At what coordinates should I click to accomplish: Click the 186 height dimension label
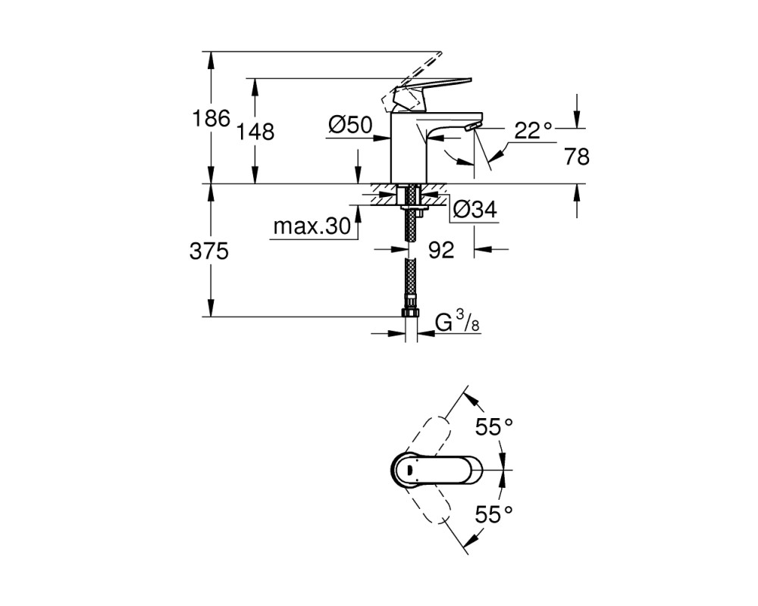tap(211, 118)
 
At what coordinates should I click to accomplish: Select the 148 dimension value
tap(255, 131)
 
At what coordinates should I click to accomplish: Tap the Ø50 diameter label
tap(350, 126)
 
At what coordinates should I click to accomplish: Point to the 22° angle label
tap(533, 130)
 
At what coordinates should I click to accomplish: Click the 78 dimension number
tap(577, 157)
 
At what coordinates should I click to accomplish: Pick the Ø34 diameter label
tap(475, 210)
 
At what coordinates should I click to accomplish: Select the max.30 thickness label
tap(312, 226)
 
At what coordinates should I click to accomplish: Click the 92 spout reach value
tap(441, 250)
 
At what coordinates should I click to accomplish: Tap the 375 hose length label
tap(209, 251)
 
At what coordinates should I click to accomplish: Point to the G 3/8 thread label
tap(457, 323)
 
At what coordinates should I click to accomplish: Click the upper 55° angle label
tap(493, 426)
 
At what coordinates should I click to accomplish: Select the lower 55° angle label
tap(493, 514)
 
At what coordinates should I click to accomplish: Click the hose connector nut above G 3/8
tap(410, 311)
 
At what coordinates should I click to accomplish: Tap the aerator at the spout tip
tap(471, 127)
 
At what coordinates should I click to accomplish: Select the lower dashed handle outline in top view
tap(428, 500)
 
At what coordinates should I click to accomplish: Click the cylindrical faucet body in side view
tap(407, 148)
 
